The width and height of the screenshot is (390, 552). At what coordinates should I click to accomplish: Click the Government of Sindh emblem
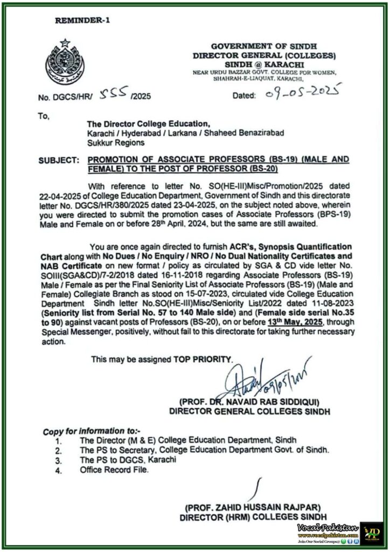click(65, 63)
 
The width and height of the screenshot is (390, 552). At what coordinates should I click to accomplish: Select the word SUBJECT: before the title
click(58, 160)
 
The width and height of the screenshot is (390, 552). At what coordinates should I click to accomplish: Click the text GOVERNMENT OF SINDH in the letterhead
click(263, 47)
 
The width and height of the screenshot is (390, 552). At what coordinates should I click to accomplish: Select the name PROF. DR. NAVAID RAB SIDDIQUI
click(250, 402)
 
